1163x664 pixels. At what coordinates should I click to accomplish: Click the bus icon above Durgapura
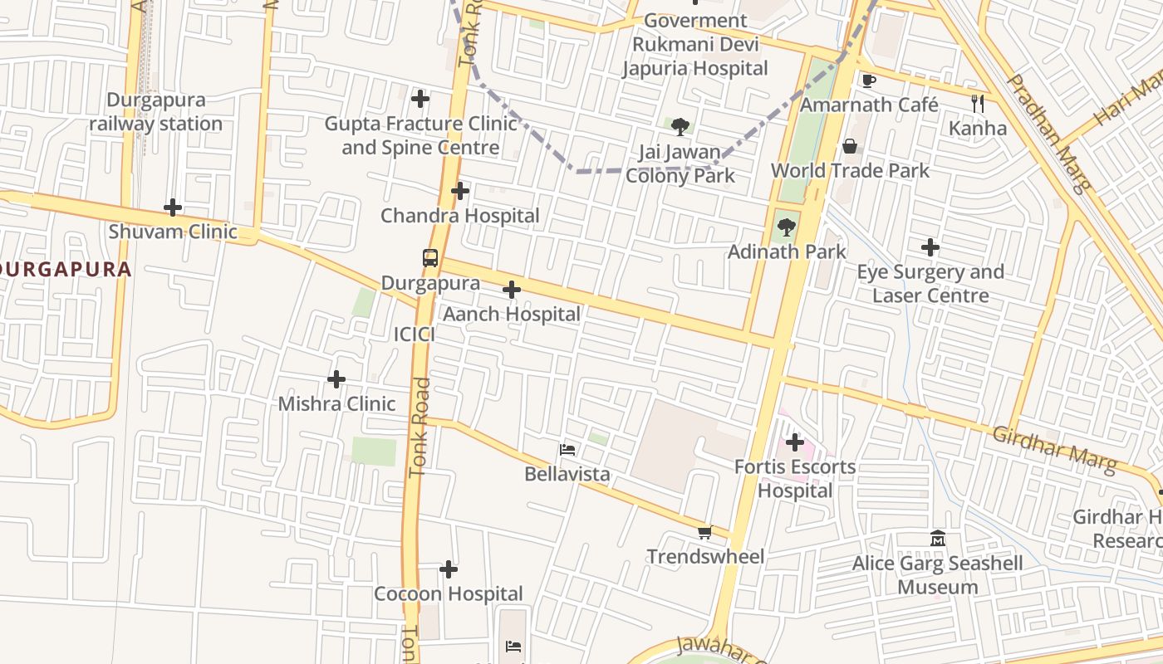[x=429, y=258]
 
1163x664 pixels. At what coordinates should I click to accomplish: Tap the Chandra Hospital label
[x=460, y=216]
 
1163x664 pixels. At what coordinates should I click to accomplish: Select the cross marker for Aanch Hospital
[x=512, y=290]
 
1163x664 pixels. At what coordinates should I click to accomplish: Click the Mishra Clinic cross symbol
[x=336, y=379]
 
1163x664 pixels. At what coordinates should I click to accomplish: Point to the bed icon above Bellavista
[x=568, y=450]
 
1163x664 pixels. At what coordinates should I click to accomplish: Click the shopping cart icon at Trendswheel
[x=705, y=532]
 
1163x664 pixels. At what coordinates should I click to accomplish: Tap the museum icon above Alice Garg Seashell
[x=938, y=539]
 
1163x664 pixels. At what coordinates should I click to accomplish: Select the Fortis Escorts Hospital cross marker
[x=795, y=442]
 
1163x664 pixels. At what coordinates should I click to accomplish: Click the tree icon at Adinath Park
[x=786, y=227]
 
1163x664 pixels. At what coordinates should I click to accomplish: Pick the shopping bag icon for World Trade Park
[x=850, y=146]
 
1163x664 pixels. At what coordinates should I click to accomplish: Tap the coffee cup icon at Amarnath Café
[x=869, y=81]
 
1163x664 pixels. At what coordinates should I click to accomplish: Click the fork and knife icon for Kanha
[x=978, y=104]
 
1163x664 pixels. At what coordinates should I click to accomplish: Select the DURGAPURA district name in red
[x=66, y=270]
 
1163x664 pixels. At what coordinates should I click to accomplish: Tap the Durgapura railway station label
[x=156, y=112]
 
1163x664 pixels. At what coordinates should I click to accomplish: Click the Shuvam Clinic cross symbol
[x=173, y=207]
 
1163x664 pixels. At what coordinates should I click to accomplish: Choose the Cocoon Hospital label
[x=449, y=594]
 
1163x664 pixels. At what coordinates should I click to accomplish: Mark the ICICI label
[x=415, y=334]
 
